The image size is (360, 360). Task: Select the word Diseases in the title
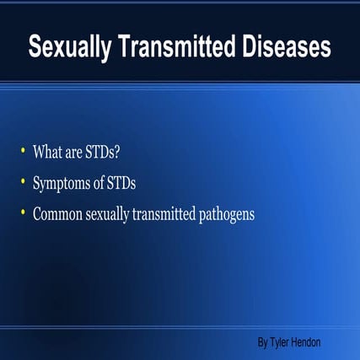tap(283, 48)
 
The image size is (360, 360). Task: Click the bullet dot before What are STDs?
tap(23, 151)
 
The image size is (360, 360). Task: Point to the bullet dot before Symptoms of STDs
tap(23, 181)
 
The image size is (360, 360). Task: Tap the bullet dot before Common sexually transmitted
tap(23, 212)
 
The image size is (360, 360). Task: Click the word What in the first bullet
tap(48, 153)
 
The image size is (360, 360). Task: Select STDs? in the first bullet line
tap(110, 153)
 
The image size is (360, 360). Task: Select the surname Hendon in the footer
tap(308, 342)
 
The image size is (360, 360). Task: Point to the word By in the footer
tap(263, 342)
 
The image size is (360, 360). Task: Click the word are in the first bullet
tap(77, 153)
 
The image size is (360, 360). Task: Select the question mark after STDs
tap(128, 153)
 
